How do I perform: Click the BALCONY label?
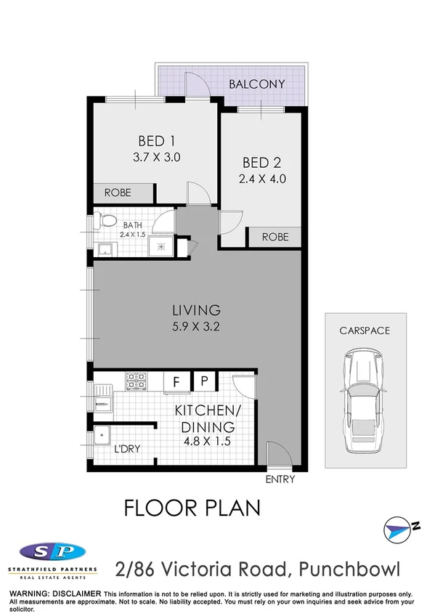pos(256,84)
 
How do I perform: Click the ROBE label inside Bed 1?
pos(118,193)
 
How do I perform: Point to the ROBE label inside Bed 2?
pos(275,237)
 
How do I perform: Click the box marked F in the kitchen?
pos(175,381)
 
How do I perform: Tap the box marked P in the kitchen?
pos(204,381)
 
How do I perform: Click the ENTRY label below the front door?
pos(281,480)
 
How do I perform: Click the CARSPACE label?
pos(365,331)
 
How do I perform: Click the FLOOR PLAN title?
pos(192,508)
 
